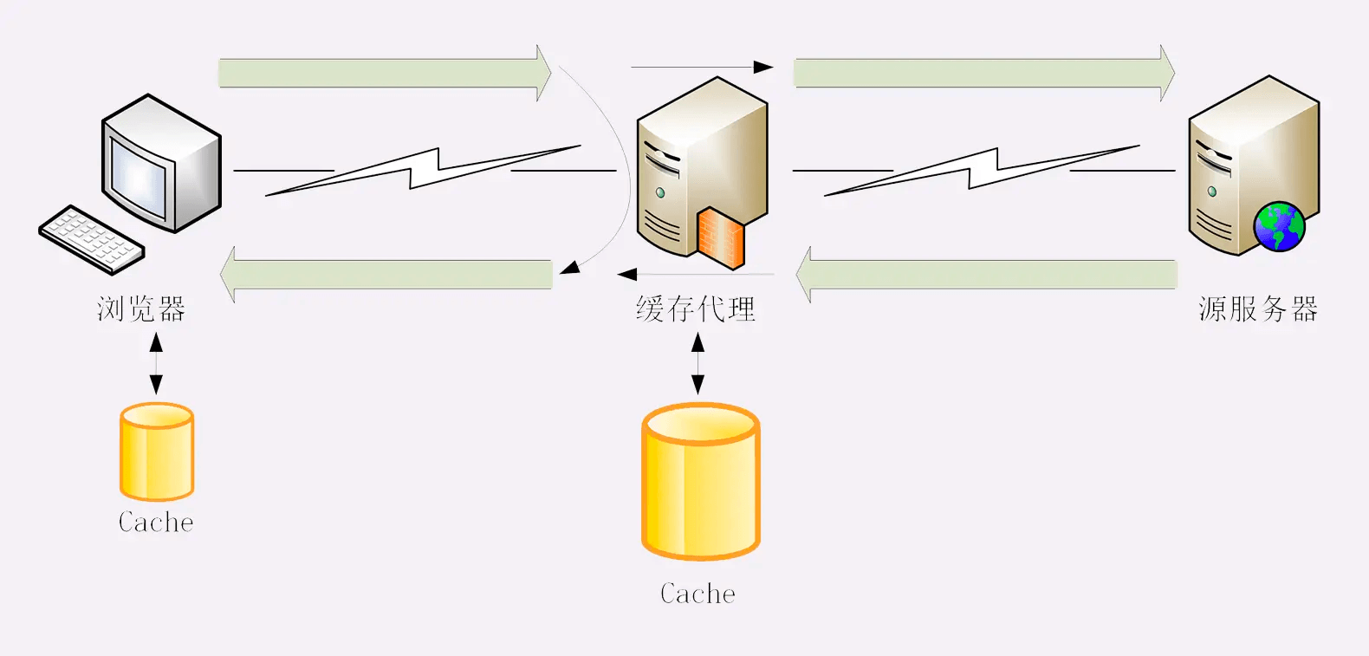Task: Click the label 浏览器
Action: (x=141, y=309)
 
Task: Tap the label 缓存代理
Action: (x=696, y=309)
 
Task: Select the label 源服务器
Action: (x=1258, y=309)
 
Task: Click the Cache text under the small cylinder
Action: (x=156, y=522)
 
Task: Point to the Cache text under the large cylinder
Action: (x=697, y=594)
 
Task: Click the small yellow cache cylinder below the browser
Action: (x=157, y=451)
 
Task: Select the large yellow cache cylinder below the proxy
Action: (x=700, y=481)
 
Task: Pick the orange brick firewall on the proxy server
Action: (x=721, y=237)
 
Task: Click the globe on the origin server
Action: (x=1279, y=226)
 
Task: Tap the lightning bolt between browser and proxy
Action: (x=424, y=169)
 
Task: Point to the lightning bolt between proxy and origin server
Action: (x=983, y=169)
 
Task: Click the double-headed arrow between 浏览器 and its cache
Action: (x=156, y=364)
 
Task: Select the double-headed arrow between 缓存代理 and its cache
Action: (x=697, y=364)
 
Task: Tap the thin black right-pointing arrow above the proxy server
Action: (x=702, y=67)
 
